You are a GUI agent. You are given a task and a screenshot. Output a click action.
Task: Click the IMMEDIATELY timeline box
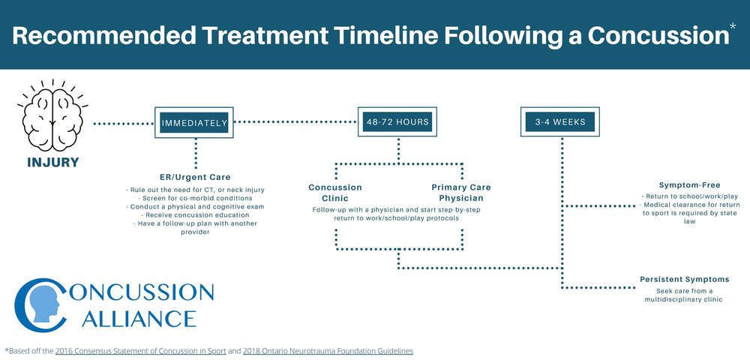[194, 124]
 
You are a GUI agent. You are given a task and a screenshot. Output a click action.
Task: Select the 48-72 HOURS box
[398, 121]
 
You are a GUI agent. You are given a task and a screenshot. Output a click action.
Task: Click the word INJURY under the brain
[52, 163]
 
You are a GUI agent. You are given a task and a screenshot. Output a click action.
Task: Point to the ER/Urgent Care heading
[195, 177]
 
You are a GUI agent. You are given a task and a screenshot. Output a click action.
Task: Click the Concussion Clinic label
[335, 193]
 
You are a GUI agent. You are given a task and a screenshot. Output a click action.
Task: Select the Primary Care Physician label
[460, 193]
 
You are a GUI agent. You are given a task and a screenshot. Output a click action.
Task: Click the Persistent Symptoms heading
[684, 279]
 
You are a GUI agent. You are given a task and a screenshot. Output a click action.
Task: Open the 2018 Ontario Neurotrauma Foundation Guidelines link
[328, 350]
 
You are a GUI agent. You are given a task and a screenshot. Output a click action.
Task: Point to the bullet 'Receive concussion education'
[195, 214]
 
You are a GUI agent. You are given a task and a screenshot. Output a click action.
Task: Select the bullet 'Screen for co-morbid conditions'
[195, 197]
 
